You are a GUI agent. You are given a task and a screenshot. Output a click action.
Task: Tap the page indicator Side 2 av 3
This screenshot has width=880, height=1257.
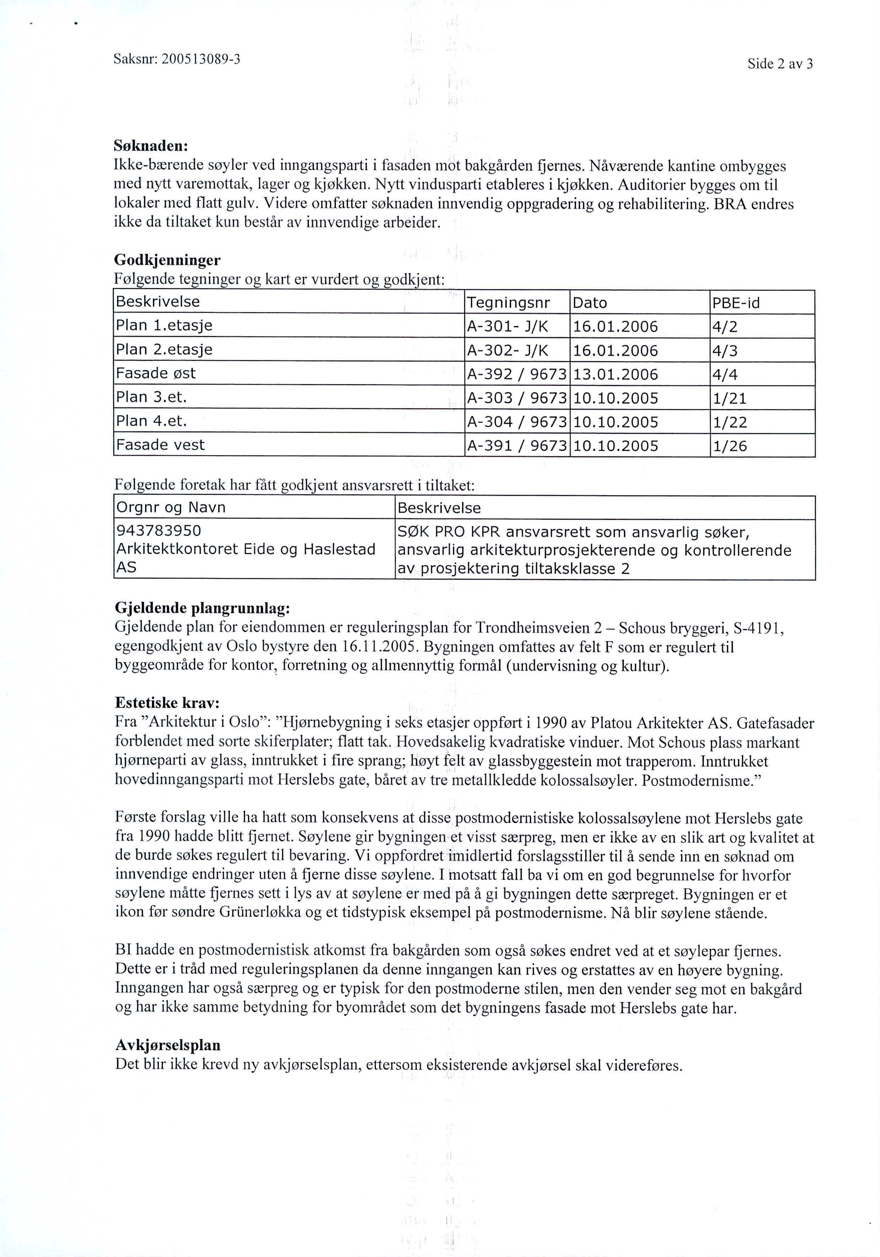click(x=780, y=64)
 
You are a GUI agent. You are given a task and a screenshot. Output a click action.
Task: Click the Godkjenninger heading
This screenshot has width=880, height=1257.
click(x=168, y=259)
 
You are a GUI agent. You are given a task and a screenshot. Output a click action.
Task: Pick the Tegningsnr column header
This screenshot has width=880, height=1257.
click(x=508, y=303)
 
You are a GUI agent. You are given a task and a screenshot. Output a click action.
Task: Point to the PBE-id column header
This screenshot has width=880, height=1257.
click(x=736, y=303)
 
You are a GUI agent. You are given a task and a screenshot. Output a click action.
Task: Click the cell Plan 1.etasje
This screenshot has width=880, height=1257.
click(x=164, y=326)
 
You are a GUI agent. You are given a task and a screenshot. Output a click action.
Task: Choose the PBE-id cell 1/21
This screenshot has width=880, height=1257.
click(x=729, y=399)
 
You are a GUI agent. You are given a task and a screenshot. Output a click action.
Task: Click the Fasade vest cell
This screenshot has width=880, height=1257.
click(x=160, y=445)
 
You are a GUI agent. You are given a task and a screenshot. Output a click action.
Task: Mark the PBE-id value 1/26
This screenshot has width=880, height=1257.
click(x=729, y=446)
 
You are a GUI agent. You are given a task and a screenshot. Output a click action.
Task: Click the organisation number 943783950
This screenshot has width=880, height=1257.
click(x=159, y=531)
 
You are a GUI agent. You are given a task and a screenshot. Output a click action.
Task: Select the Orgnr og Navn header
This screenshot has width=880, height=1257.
click(x=170, y=507)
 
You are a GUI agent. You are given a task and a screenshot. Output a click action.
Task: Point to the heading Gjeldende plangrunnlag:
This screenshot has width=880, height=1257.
click(x=203, y=608)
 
